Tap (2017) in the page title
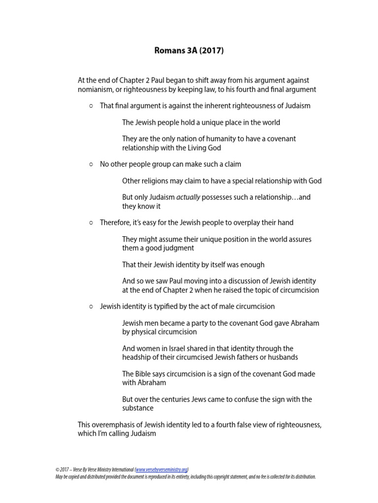pos(212,51)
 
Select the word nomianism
pos(94,89)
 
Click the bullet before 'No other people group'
pos(91,164)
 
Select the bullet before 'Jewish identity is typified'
pos(91,307)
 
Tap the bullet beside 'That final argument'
pos(91,106)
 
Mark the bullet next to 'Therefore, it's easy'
pos(91,223)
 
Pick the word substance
pos(138,408)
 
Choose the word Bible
pos(146,374)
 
